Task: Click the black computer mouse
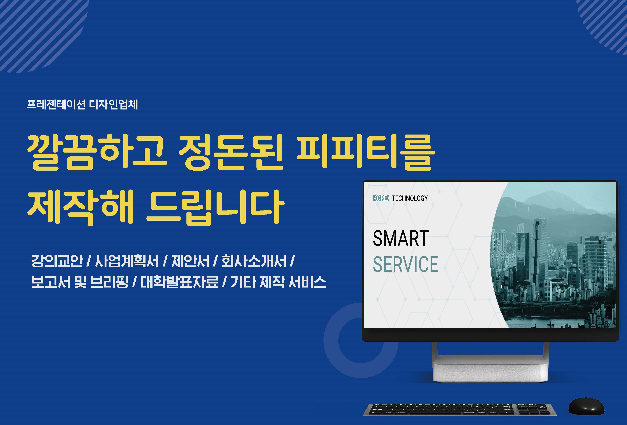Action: [x=586, y=406]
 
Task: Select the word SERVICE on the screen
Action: [x=406, y=264]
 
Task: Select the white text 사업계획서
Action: [x=127, y=261]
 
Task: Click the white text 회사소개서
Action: [x=254, y=261]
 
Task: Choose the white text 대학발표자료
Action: [x=180, y=282]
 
